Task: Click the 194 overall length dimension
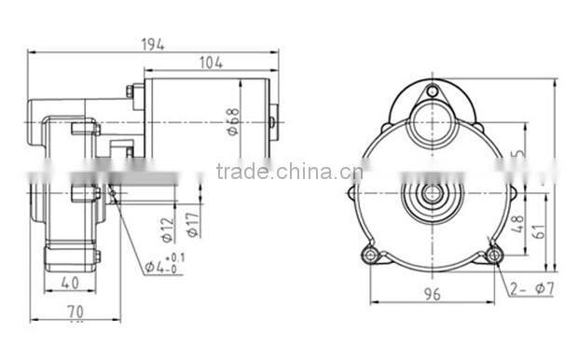click(155, 44)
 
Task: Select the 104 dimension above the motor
click(212, 63)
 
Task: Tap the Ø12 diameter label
click(169, 228)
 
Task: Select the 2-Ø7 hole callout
click(532, 290)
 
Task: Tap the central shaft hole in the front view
click(433, 194)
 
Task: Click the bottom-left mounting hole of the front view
click(372, 255)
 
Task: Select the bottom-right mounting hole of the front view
click(494, 255)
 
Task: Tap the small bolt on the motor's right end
click(272, 120)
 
